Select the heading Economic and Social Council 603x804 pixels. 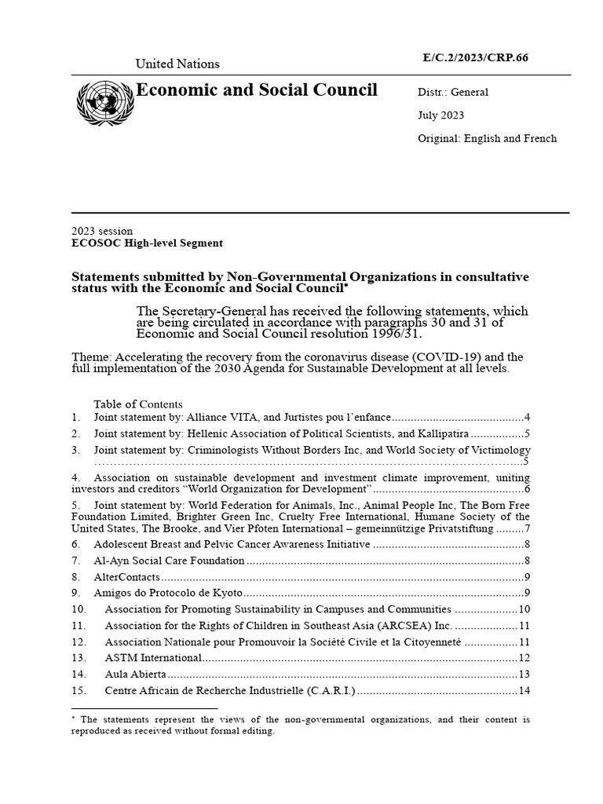(257, 90)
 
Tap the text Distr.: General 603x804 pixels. (452, 92)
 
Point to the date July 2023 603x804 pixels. (440, 115)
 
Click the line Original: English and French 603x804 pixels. (487, 138)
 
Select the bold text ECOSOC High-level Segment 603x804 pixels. (147, 243)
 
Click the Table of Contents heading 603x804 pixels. (138, 404)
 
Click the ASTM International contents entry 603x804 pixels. (154, 657)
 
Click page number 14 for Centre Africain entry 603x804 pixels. (524, 691)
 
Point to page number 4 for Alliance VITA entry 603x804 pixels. (528, 417)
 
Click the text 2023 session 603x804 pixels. (102, 232)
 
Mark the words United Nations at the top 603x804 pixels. (177, 64)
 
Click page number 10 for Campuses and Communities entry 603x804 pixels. (524, 609)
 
